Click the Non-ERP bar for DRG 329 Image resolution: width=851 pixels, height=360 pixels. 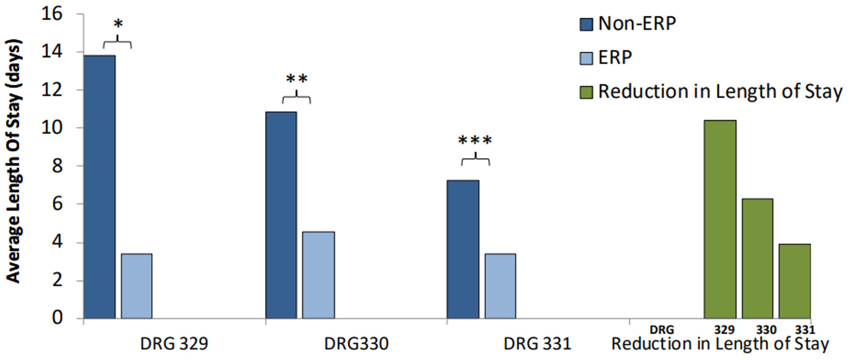click(x=99, y=187)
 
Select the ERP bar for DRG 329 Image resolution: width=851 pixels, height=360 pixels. click(x=136, y=286)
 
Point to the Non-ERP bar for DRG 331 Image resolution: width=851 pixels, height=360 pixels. click(x=462, y=250)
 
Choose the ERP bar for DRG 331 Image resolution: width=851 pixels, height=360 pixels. click(x=500, y=286)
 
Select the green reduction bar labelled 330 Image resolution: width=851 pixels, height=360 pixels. click(x=757, y=259)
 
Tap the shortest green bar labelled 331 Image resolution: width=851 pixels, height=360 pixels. click(x=794, y=281)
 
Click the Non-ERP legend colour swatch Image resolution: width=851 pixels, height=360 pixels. click(x=586, y=24)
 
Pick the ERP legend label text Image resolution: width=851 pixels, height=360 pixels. click(x=615, y=58)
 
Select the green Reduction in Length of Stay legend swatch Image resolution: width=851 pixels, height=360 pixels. click(x=586, y=92)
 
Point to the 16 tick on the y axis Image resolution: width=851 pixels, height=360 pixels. click(x=52, y=13)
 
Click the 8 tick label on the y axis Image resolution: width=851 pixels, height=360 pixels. click(x=57, y=166)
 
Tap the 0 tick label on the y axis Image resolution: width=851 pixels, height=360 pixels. click(x=57, y=318)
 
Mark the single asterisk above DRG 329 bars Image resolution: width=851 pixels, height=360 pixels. click(x=118, y=24)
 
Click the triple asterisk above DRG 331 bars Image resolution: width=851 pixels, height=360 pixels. click(x=475, y=141)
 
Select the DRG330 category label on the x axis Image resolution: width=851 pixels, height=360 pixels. click(x=356, y=344)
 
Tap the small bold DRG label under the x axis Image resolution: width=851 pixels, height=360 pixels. click(x=661, y=330)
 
